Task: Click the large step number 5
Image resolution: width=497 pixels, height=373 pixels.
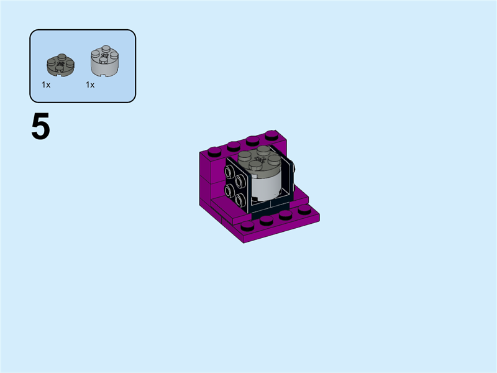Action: [x=40, y=127]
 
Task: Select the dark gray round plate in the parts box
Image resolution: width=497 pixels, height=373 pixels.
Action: [x=60, y=64]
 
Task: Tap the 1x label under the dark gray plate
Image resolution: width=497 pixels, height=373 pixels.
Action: [x=46, y=85]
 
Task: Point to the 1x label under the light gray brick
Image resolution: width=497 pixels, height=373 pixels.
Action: [x=90, y=85]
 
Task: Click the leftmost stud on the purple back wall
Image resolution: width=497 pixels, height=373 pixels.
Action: [x=214, y=150]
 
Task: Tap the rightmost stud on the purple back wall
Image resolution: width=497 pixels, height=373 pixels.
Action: [x=271, y=134]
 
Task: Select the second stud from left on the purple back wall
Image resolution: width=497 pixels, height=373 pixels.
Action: [x=234, y=145]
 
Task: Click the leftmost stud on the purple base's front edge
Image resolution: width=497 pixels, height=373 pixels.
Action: [x=248, y=225]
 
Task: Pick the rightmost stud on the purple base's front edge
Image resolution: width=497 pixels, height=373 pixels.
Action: [x=304, y=210]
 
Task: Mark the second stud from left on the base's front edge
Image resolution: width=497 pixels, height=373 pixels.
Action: [x=267, y=220]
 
